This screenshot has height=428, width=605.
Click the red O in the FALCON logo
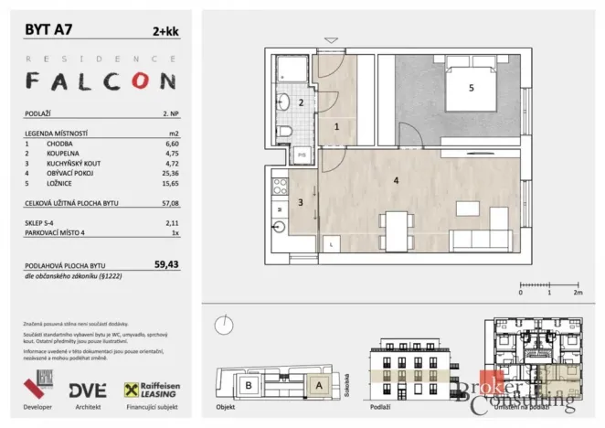click(x=139, y=81)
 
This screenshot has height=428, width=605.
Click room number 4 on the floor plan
click(x=395, y=181)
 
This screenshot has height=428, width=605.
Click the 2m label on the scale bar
click(x=578, y=293)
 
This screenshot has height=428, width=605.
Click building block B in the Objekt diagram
click(x=247, y=386)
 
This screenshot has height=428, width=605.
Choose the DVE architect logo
click(x=86, y=389)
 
